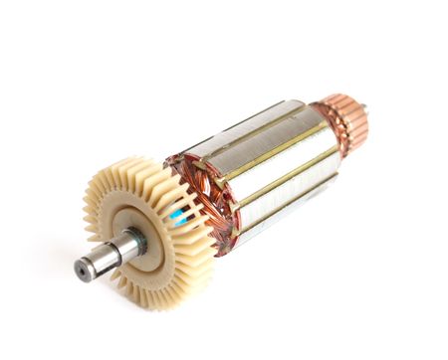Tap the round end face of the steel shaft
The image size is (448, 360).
click(85, 268)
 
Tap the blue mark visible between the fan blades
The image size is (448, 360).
click(177, 215)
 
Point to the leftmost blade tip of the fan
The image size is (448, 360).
click(87, 214)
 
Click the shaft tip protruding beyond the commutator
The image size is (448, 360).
click(362, 106)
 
